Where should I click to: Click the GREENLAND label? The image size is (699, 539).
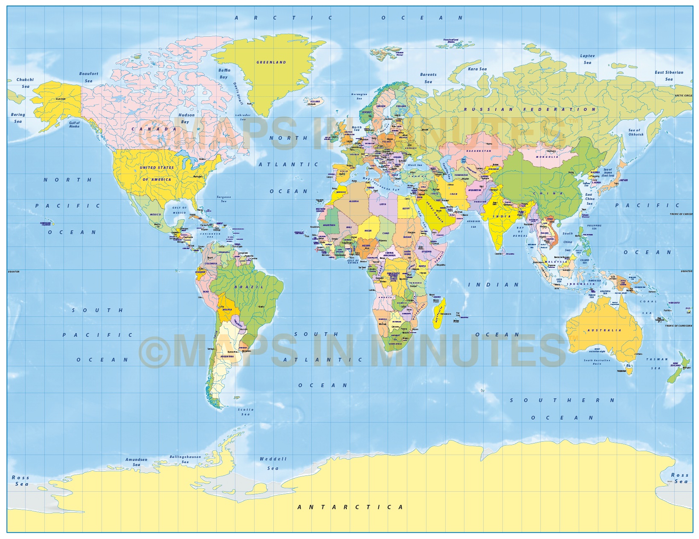[271, 62]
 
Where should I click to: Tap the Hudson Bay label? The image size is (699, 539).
[186, 118]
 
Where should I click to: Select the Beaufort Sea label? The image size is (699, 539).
[89, 77]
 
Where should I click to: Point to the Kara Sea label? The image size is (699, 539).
[477, 69]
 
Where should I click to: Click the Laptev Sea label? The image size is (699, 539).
[587, 59]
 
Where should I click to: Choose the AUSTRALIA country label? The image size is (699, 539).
[604, 330]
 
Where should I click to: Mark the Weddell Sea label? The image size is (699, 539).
[273, 464]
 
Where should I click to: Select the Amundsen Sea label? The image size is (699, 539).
[136, 462]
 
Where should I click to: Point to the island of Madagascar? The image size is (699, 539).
[439, 313]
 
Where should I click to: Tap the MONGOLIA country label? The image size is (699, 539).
[547, 157]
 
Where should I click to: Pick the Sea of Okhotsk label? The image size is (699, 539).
[635, 132]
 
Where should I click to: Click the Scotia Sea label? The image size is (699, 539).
[246, 412]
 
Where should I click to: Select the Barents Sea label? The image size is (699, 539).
[428, 78]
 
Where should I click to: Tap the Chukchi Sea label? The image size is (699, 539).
[25, 83]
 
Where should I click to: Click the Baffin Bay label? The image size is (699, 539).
[224, 74]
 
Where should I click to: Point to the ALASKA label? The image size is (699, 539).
[61, 99]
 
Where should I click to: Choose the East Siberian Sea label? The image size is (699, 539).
[669, 75]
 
